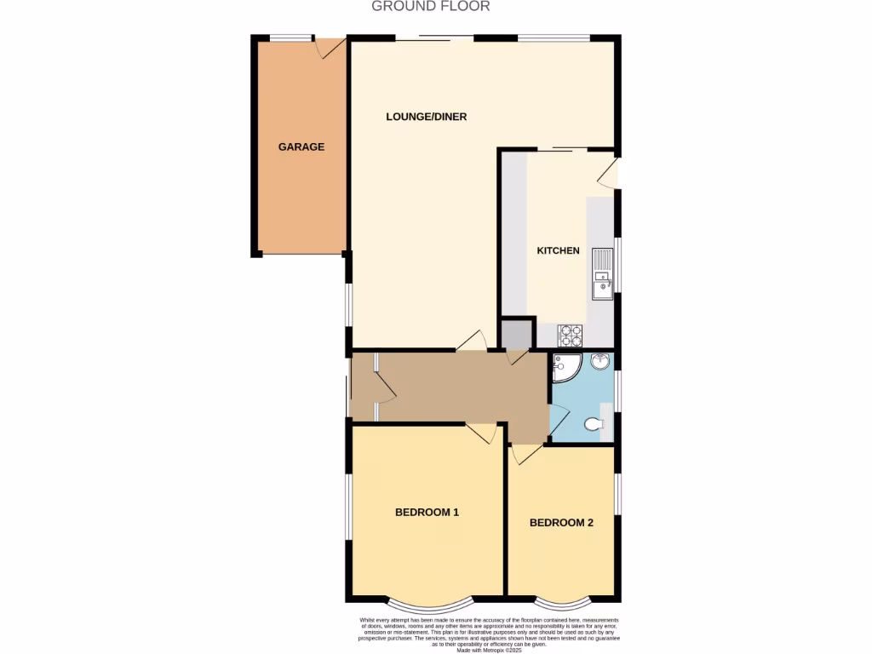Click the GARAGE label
click(x=301, y=146)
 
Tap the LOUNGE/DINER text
click(x=426, y=117)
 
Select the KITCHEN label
click(x=558, y=250)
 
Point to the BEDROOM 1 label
click(x=427, y=512)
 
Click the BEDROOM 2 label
click(x=561, y=523)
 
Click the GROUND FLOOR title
click(x=431, y=7)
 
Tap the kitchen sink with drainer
click(x=603, y=274)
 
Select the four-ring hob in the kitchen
click(x=570, y=334)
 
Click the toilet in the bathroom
click(x=594, y=423)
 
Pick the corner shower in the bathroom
click(x=565, y=367)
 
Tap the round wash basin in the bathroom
click(x=600, y=362)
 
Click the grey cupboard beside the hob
click(x=516, y=334)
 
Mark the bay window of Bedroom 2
click(x=560, y=600)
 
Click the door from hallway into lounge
click(x=471, y=341)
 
